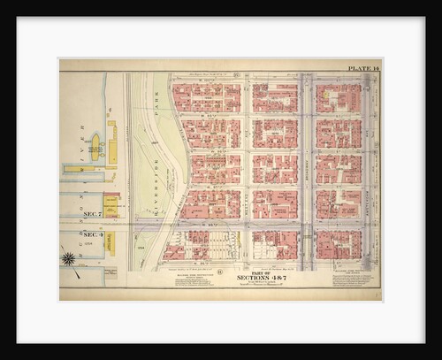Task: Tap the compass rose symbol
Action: point(68,258)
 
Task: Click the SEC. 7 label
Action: point(93,213)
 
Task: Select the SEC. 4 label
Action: point(93,234)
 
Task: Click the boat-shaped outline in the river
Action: point(94,143)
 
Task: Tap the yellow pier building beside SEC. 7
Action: point(111,204)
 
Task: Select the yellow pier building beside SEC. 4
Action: point(110,242)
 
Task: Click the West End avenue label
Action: point(247,168)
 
